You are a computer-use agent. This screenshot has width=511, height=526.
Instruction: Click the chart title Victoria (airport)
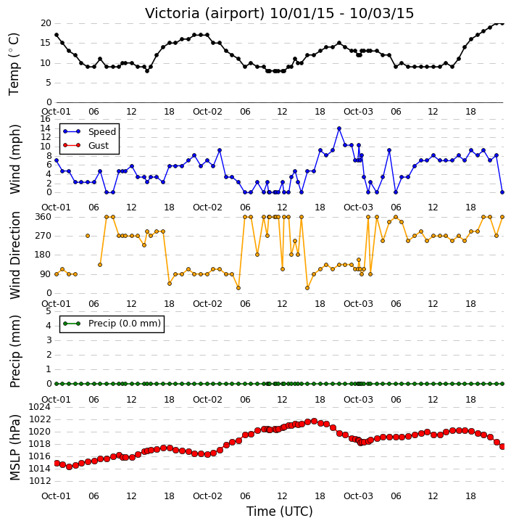[204, 14]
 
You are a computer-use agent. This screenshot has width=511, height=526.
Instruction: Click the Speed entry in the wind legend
[102, 132]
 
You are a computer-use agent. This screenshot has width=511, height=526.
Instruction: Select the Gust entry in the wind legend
[99, 146]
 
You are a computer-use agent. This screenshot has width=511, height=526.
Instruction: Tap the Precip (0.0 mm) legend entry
[125, 324]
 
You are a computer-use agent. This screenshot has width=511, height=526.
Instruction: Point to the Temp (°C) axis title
[14, 65]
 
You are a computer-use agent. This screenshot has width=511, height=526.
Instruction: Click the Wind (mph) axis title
[14, 160]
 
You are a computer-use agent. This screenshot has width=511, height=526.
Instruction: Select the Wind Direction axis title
[14, 255]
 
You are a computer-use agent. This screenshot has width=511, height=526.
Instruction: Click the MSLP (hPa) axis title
[14, 448]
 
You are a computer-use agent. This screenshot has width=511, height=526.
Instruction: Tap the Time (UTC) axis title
[280, 512]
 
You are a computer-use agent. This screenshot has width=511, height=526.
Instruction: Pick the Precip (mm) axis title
[14, 352]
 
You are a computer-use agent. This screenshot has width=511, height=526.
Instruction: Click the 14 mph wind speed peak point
[339, 128]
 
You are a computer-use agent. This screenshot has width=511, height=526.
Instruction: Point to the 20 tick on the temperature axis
[46, 23]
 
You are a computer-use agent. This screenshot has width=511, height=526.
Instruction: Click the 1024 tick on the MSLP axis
[40, 407]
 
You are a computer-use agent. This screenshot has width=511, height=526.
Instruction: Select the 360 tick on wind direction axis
[43, 217]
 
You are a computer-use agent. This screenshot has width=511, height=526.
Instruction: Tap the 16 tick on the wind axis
[46, 119]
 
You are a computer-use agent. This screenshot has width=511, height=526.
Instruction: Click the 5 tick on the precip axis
[49, 311]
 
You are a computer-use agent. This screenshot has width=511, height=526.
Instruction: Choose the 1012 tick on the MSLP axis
[40, 481]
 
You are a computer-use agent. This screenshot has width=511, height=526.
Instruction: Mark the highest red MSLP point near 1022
[314, 421]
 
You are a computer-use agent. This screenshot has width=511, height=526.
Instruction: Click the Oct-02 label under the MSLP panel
[207, 496]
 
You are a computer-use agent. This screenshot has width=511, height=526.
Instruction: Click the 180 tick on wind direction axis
[43, 255]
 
